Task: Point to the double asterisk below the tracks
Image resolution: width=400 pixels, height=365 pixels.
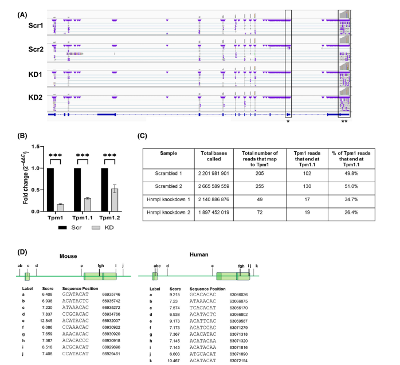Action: pyautogui.click(x=344, y=121)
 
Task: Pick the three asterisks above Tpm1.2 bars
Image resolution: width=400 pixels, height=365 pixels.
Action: pyautogui.click(x=107, y=155)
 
